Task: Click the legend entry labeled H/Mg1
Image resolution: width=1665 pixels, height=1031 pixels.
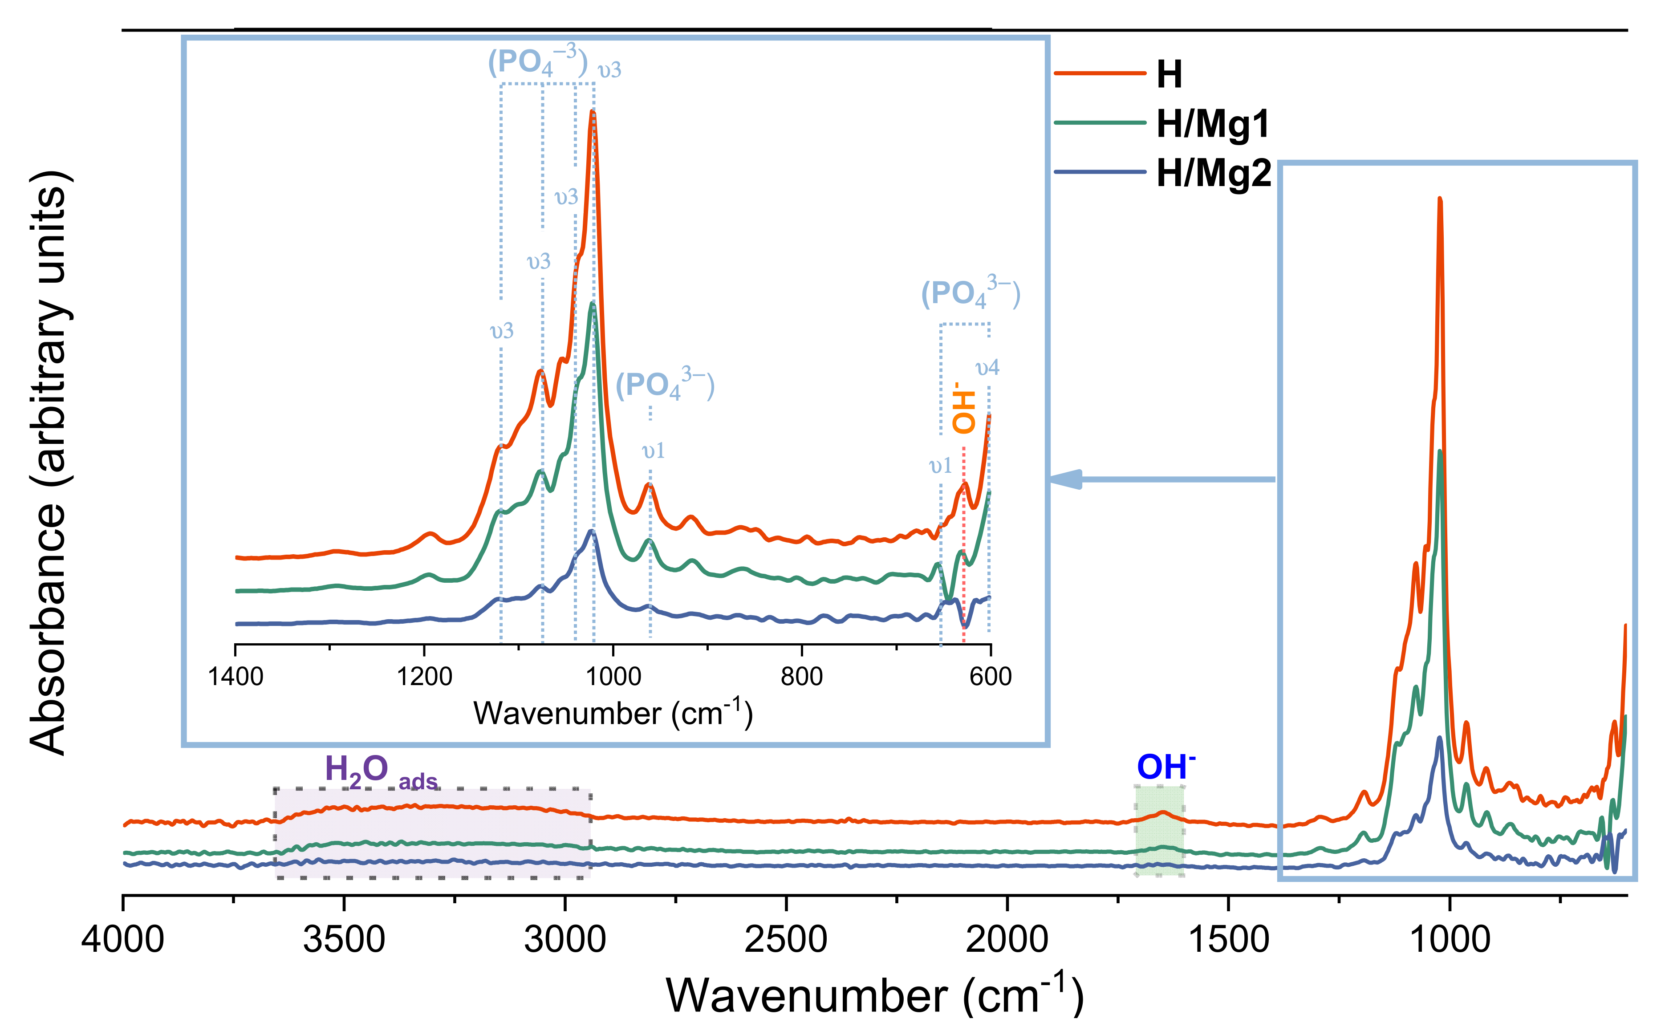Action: point(1212,124)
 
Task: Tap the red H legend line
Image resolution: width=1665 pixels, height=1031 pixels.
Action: point(1099,73)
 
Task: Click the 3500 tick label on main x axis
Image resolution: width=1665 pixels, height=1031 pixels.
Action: point(344,940)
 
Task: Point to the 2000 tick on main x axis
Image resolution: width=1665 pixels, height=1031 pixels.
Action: point(1007,940)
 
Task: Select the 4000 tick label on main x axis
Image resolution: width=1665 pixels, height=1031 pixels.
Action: point(123,940)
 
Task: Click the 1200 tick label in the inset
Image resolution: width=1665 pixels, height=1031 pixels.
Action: point(425,677)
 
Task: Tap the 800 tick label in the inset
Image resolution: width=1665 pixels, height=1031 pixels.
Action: point(802,677)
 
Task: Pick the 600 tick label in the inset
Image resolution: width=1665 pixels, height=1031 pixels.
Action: point(990,677)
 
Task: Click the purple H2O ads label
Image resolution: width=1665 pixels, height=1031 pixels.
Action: point(381,771)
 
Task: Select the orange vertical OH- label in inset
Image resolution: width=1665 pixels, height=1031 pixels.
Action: point(963,409)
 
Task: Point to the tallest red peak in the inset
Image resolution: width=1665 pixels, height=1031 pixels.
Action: point(593,113)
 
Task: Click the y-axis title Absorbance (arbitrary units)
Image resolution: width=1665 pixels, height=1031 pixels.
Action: point(49,464)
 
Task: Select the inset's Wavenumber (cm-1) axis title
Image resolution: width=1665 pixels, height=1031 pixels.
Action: point(612,714)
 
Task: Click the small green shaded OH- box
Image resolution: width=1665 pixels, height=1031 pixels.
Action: point(1159,831)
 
